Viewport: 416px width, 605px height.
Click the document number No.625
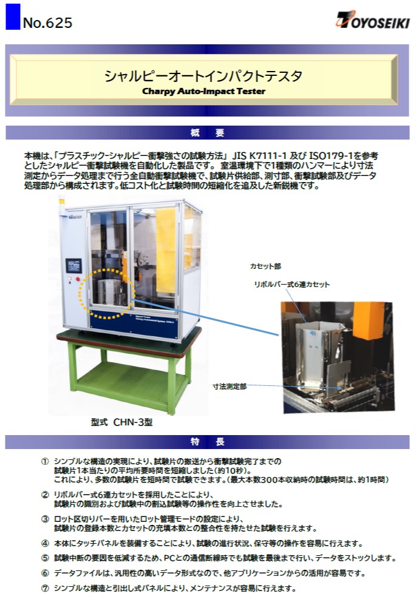pos(47,23)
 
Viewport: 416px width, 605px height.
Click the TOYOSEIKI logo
pos(373,19)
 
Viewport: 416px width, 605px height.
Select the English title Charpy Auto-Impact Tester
pos(203,92)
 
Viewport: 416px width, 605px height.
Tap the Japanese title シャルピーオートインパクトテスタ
pos(203,76)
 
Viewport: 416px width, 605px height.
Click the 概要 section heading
pos(208,133)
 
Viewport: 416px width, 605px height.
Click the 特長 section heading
pos(208,442)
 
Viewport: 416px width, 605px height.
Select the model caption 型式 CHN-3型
pos(121,422)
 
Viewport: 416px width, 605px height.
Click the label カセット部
pos(265,266)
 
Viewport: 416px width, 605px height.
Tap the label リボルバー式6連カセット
pos(292,285)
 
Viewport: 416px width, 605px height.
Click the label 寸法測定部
pos(230,386)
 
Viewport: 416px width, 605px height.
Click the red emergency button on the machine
pos(78,279)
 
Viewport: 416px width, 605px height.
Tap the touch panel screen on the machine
pos(73,265)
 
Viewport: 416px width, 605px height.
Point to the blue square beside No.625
pos(13,16)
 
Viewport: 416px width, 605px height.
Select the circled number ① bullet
pos(45,461)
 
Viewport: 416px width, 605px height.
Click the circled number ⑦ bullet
pos(45,589)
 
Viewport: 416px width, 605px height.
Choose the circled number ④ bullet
pos(45,544)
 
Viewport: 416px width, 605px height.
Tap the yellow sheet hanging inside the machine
pos(166,251)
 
